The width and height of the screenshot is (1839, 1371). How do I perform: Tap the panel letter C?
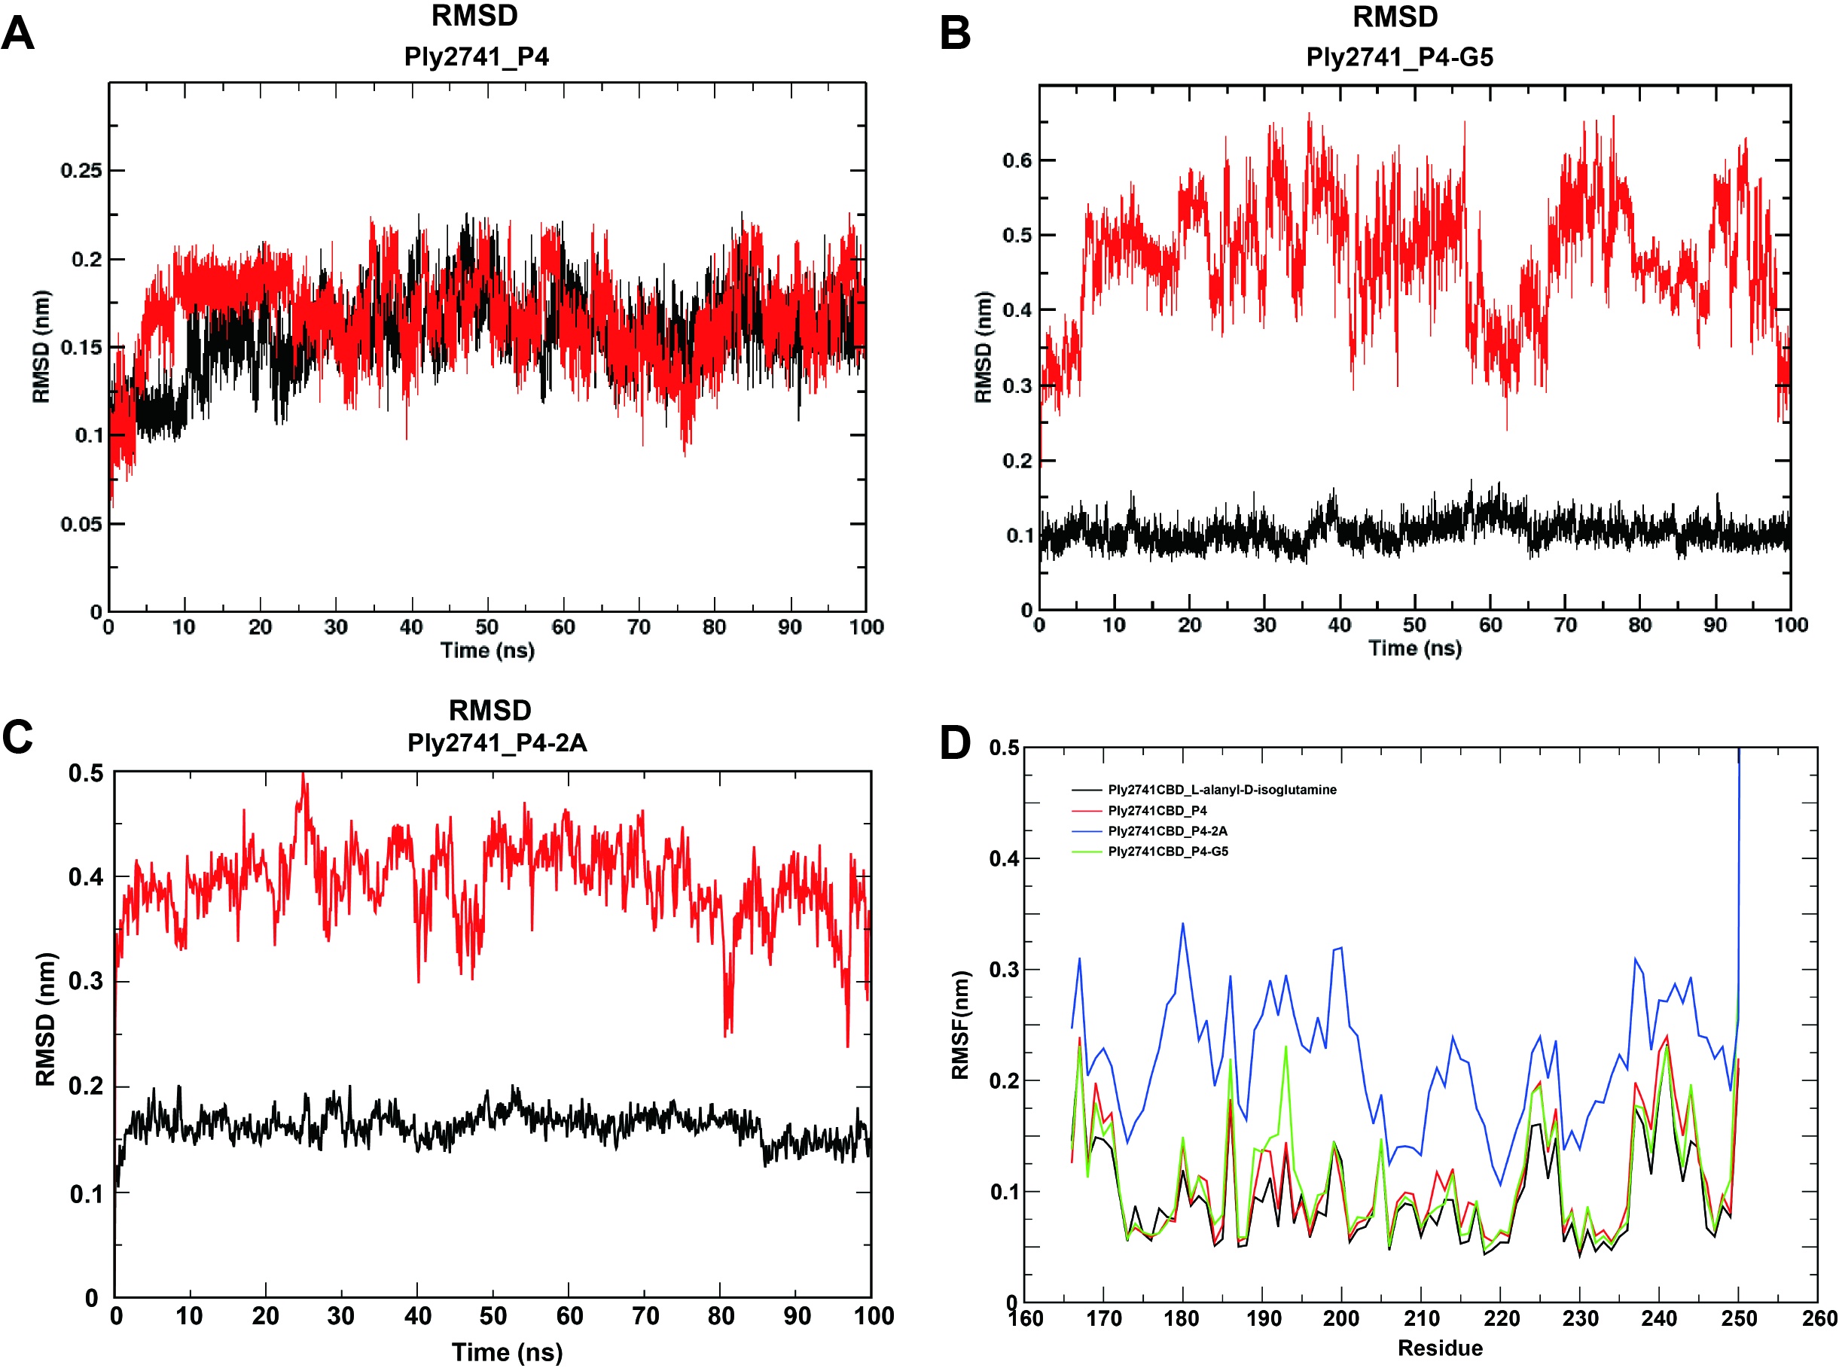(x=18, y=736)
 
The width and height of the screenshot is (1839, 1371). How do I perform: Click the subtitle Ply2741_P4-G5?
(x=1399, y=57)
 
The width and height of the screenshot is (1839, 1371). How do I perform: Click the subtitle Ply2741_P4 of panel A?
(x=477, y=56)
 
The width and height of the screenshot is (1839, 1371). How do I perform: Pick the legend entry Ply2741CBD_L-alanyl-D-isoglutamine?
(x=1221, y=790)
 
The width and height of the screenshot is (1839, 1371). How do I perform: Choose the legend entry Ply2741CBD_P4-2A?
(x=1167, y=830)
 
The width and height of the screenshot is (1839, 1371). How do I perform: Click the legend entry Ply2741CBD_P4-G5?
(x=1167, y=852)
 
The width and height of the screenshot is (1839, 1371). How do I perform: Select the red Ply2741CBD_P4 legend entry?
(x=1157, y=811)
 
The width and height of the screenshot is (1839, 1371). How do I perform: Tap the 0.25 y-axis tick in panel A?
(x=81, y=171)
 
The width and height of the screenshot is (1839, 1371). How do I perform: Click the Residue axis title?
(x=1440, y=1348)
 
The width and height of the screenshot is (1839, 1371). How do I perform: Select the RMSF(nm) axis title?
(x=960, y=1025)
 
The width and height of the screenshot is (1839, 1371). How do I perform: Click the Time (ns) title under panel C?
(x=507, y=1353)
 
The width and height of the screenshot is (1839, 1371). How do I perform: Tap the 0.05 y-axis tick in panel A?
(x=81, y=525)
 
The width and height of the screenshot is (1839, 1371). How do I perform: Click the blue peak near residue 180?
(x=1182, y=924)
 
